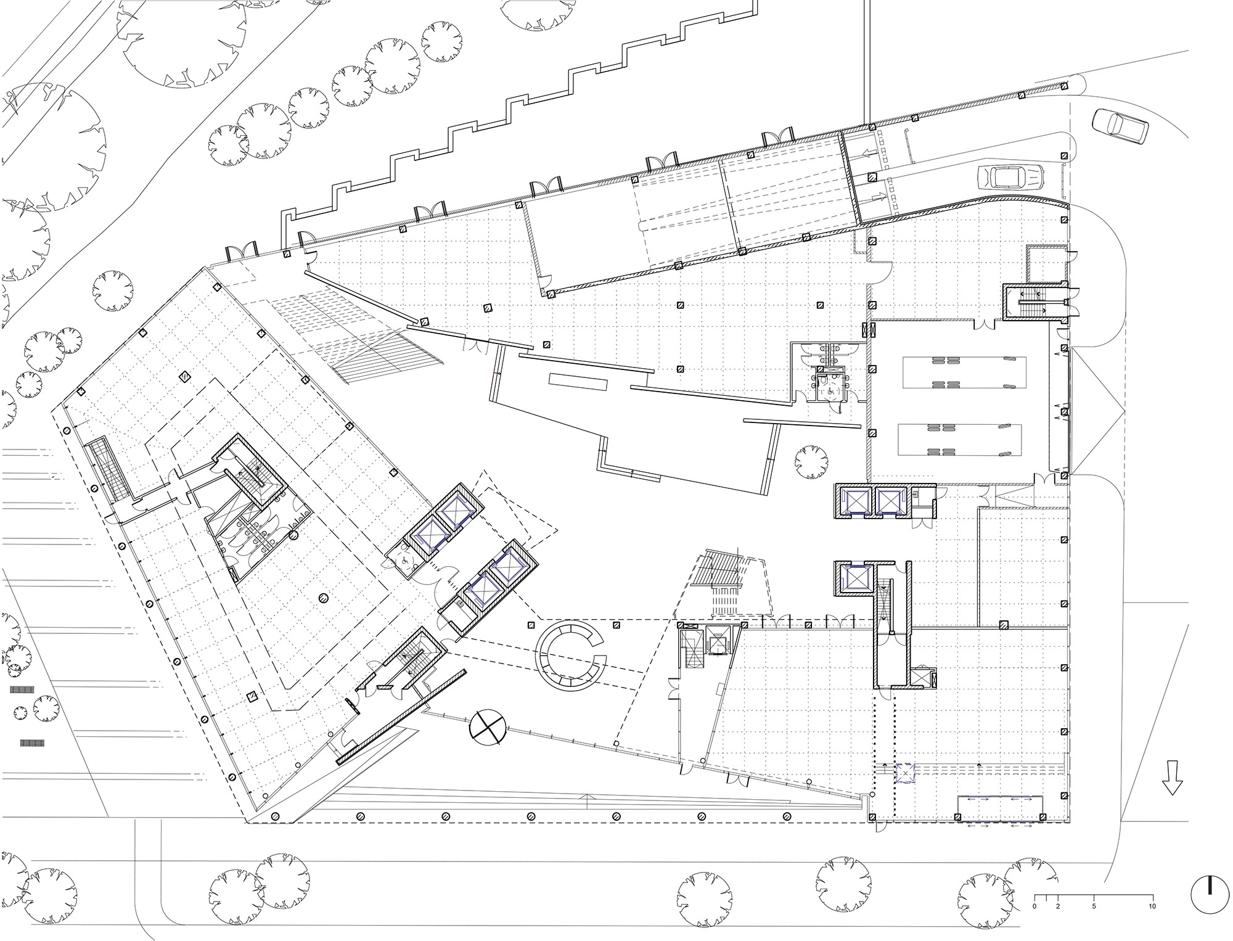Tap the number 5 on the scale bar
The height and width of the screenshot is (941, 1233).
coord(1094,906)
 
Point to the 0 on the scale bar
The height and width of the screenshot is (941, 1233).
coord(1034,906)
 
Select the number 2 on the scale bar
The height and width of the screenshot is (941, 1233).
coord(1058,906)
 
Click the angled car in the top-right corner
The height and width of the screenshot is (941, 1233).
coord(1120,128)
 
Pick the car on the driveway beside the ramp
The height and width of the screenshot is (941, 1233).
coord(1010,177)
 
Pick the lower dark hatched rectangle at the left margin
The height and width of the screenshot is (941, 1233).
coord(32,743)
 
